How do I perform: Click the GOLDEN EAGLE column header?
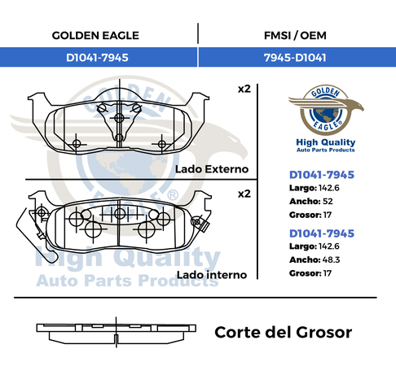tap(95, 36)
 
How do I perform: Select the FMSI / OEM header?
tap(295, 36)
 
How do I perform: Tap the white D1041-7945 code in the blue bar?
tap(97, 58)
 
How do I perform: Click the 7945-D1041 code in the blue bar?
tap(295, 58)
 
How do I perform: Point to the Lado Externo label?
tap(212, 169)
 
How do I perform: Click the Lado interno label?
tap(212, 275)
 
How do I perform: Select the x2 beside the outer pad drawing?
tap(244, 89)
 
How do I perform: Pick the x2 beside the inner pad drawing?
tap(244, 194)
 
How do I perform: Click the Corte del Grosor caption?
tap(284, 333)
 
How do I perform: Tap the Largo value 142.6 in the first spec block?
tap(329, 188)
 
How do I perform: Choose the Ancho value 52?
tap(328, 201)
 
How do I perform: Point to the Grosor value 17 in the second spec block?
tap(328, 273)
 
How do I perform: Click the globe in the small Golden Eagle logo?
tap(326, 114)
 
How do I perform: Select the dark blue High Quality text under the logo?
tap(326, 142)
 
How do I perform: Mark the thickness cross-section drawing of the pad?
tap(117, 333)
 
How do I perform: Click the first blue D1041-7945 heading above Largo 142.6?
tap(322, 175)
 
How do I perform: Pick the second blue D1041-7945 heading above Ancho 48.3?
tap(322, 233)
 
